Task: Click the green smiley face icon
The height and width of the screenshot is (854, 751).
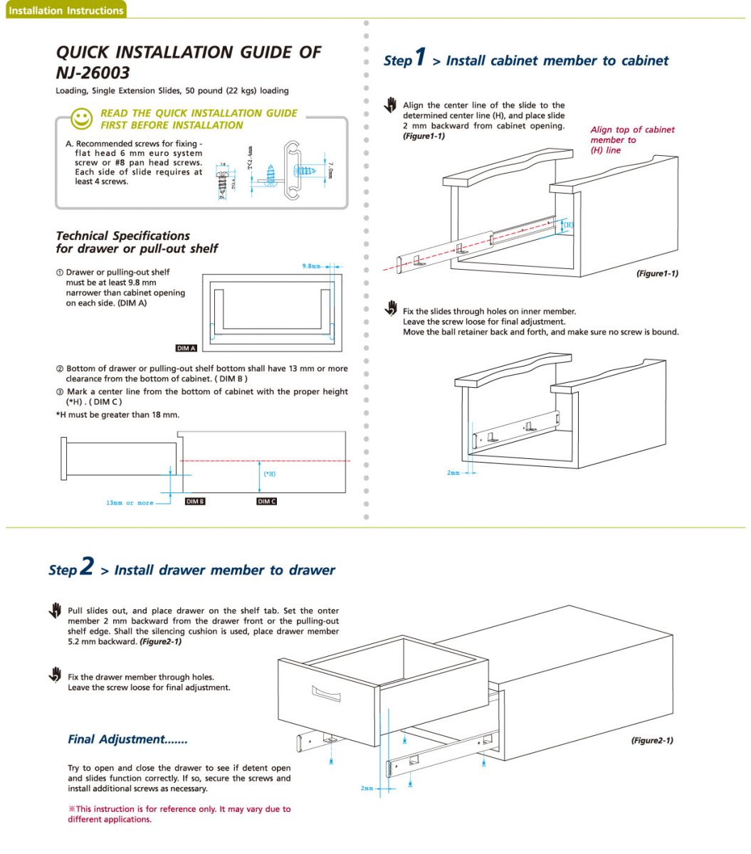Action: [83, 118]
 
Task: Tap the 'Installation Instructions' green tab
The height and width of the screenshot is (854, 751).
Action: [66, 10]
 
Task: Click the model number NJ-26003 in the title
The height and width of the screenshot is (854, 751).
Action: [93, 73]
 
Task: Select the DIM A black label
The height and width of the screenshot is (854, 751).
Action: [186, 348]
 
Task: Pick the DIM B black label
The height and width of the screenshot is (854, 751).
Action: [195, 502]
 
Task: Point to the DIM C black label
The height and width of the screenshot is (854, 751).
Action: [266, 502]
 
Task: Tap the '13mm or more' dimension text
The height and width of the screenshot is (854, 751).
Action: [130, 503]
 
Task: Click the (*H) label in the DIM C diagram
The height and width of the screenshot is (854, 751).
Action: [270, 474]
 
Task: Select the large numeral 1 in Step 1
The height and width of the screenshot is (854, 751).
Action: [421, 56]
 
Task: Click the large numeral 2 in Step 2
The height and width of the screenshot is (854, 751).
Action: [86, 566]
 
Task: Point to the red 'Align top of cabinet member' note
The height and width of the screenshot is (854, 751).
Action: [631, 139]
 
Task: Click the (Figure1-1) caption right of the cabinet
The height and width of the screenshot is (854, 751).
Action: [656, 273]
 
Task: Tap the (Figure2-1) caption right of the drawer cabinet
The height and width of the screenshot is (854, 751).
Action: [651, 740]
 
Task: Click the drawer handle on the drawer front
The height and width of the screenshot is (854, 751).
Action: [326, 693]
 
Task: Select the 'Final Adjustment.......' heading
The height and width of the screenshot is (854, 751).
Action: [127, 739]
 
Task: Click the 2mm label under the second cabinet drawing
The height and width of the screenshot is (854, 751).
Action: [453, 473]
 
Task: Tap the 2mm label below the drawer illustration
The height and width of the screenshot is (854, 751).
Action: [367, 789]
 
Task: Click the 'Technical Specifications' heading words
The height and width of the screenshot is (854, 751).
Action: [122, 236]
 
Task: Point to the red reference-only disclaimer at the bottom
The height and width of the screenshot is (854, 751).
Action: [179, 814]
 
